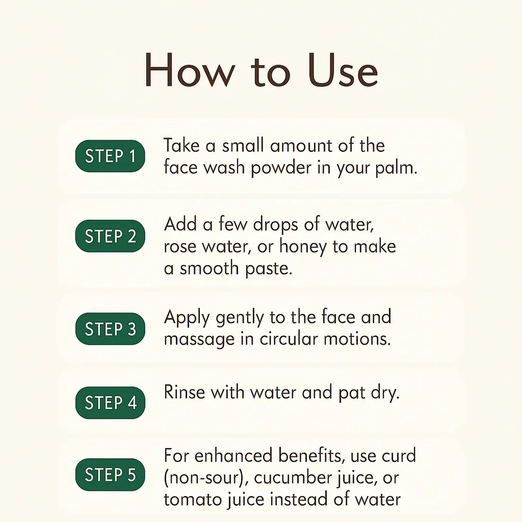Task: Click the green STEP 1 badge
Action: click(110, 156)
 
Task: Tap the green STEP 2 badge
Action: click(110, 236)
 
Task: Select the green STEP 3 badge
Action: click(110, 329)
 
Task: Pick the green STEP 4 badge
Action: click(110, 403)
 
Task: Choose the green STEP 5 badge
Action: click(110, 474)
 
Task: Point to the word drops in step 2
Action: click(276, 225)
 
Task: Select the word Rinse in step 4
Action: click(184, 392)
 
